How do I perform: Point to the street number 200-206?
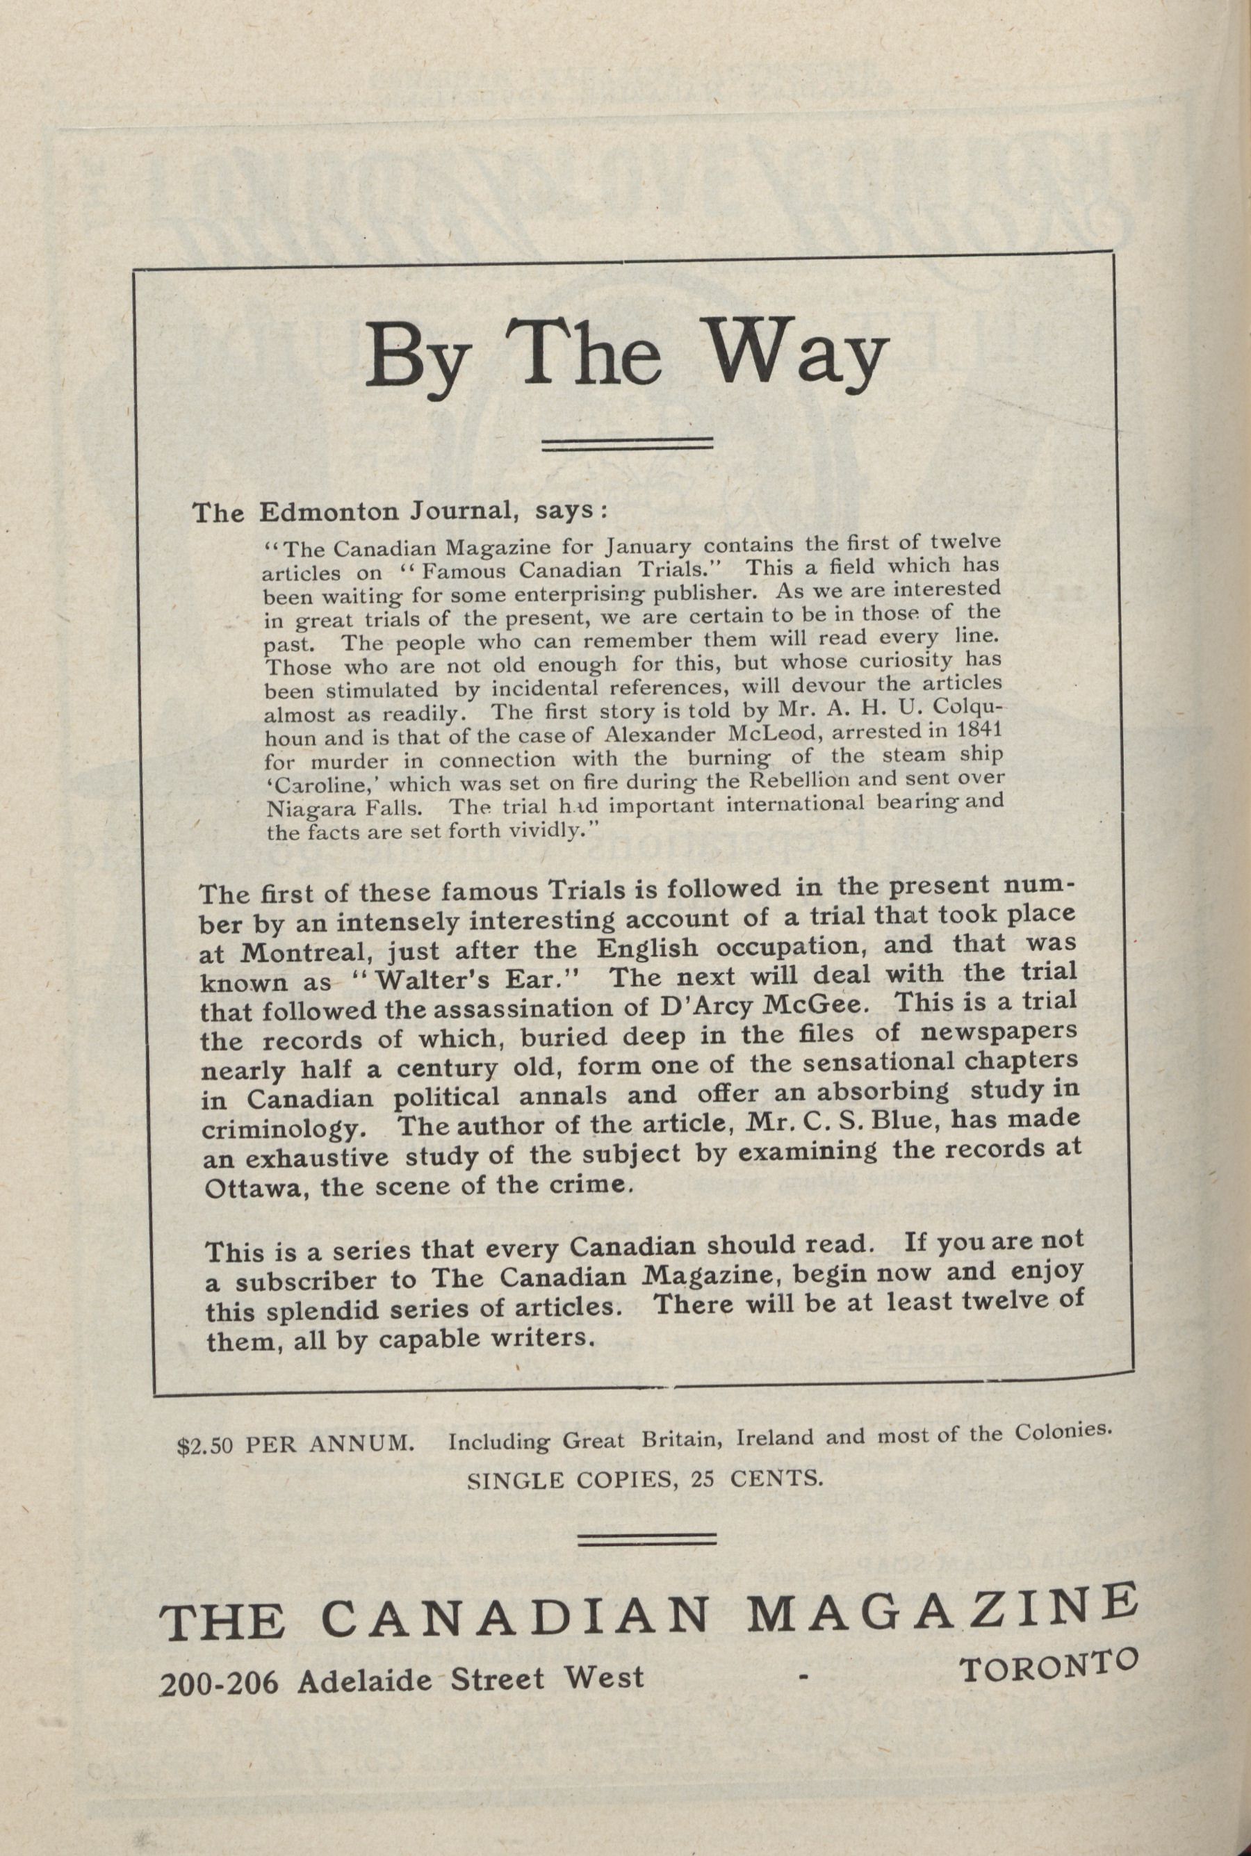click(220, 1683)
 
